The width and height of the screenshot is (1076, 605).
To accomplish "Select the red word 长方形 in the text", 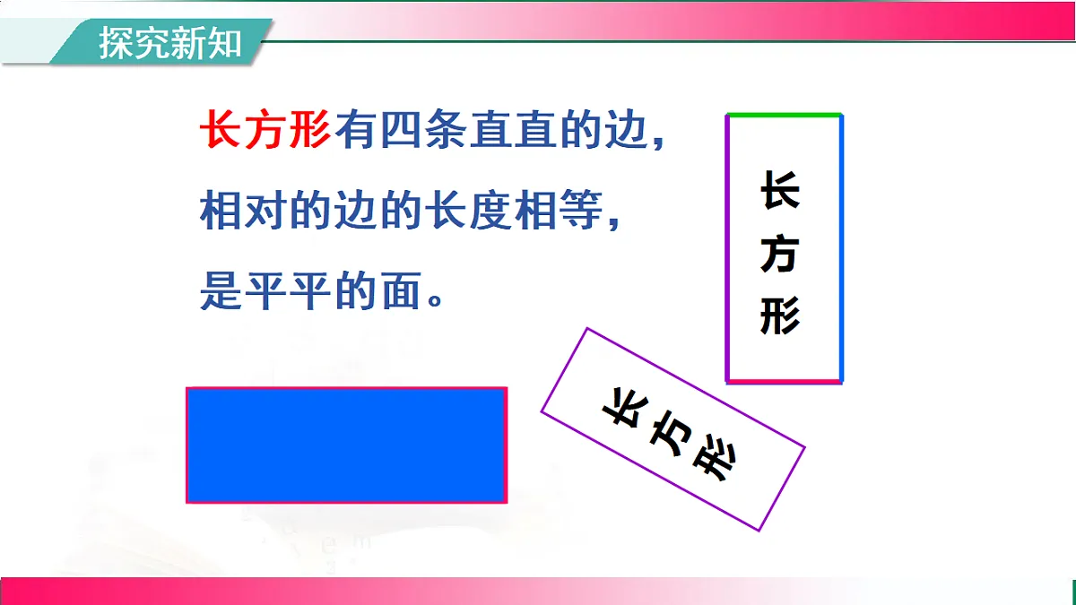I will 265,135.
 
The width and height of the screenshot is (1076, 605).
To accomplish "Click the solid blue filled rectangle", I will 346,445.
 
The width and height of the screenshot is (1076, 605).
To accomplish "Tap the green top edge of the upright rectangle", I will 784,115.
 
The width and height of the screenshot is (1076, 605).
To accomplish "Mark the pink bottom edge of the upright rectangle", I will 784,381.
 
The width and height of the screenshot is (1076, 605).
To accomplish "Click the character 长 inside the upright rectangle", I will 780,191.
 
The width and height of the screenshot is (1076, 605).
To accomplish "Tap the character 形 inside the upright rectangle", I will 780,315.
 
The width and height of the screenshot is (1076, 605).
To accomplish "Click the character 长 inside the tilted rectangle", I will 623,408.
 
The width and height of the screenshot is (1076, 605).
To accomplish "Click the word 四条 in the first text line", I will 401,135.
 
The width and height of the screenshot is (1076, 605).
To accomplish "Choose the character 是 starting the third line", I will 221,291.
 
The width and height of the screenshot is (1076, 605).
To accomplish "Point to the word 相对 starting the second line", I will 243,214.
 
